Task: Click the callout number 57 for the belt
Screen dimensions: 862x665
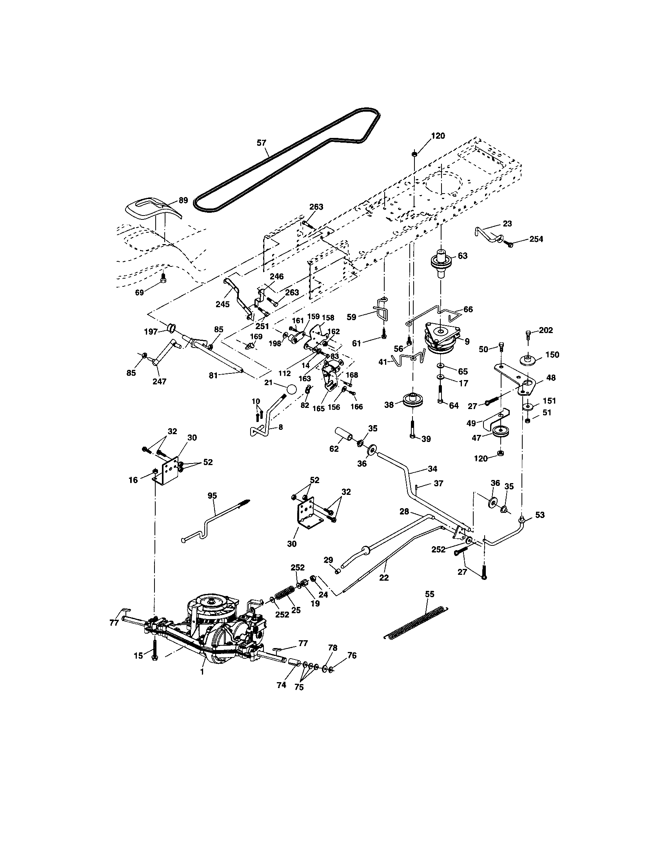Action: click(262, 143)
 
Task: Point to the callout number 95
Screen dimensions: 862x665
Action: click(213, 496)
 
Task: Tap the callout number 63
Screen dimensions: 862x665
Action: click(462, 256)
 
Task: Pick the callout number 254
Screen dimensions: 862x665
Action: click(536, 239)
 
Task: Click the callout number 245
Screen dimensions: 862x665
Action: click(223, 304)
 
